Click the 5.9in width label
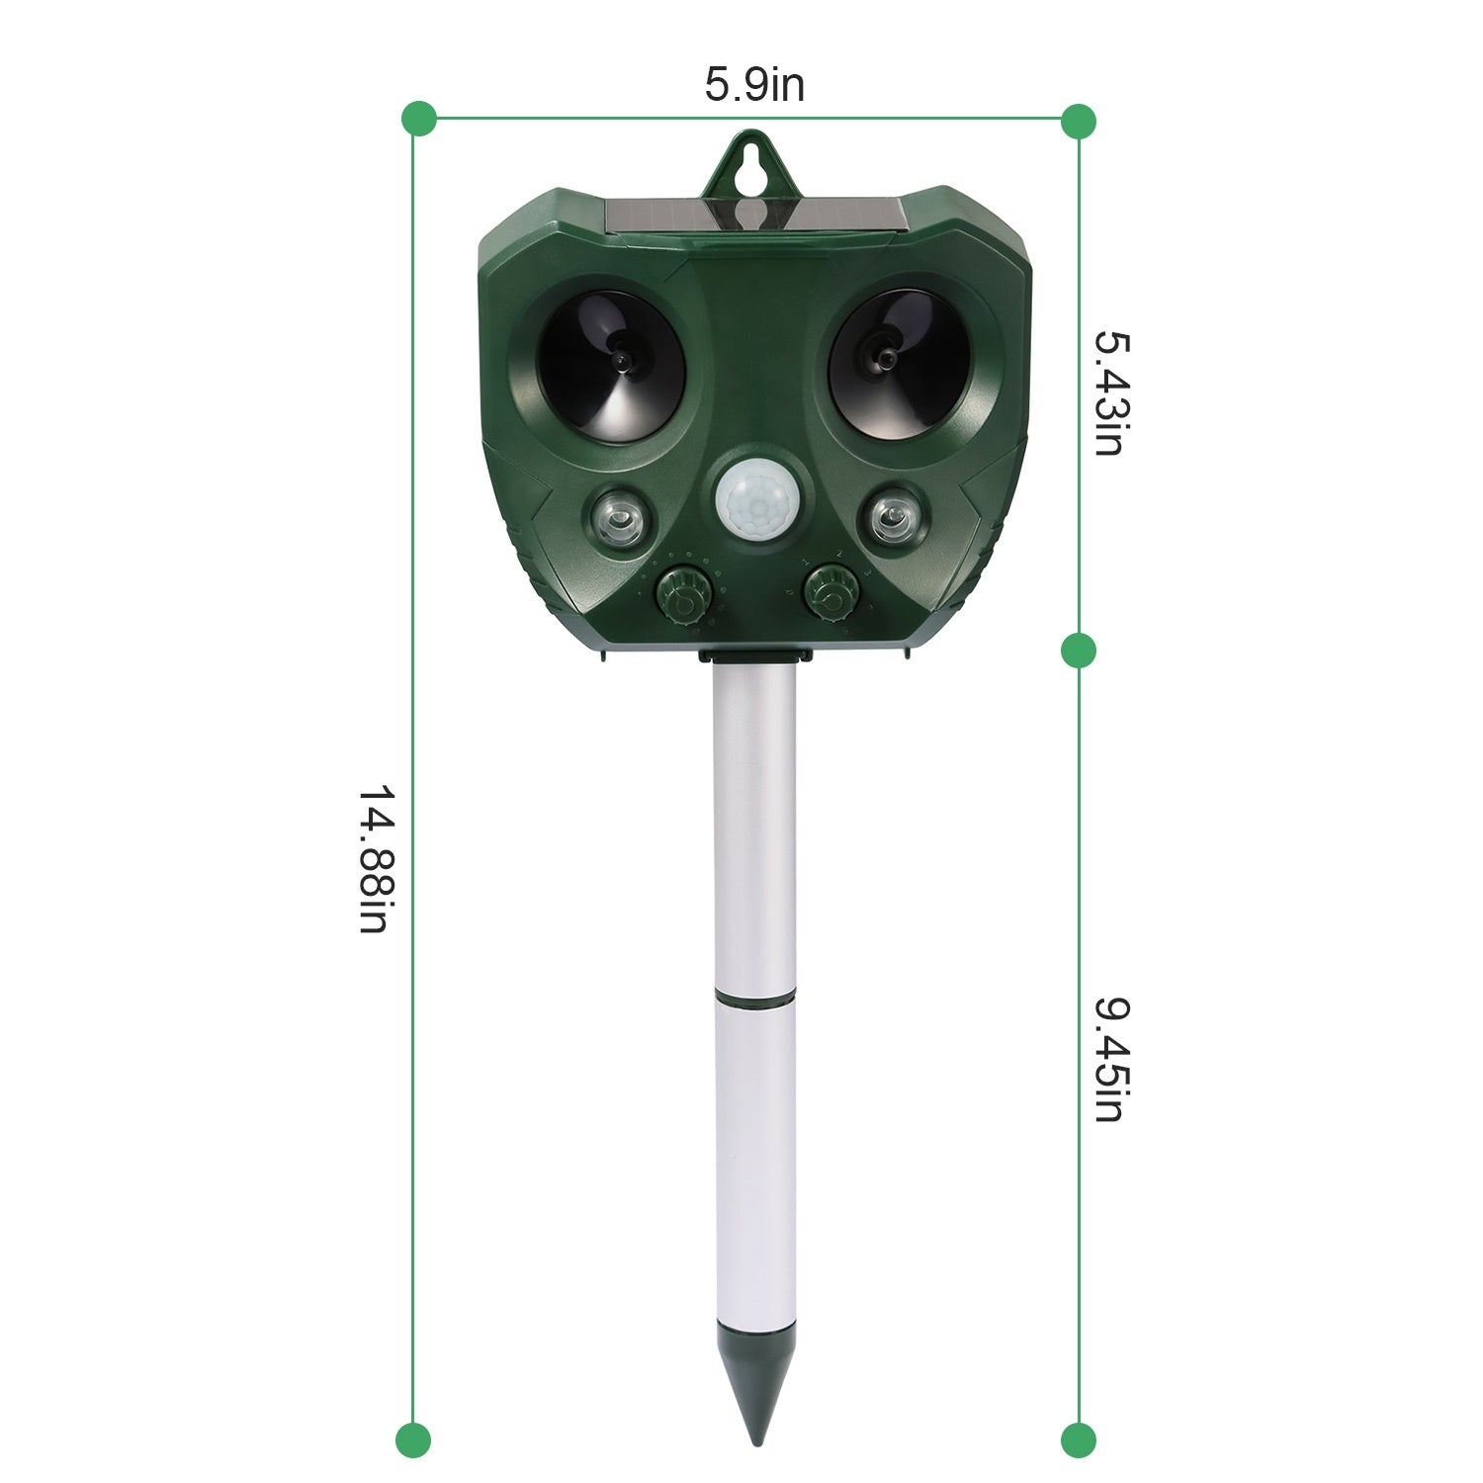[x=753, y=85]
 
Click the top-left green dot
[x=419, y=119]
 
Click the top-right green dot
[x=1078, y=121]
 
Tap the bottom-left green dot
[x=413, y=1439]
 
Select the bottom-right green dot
[x=1078, y=1439]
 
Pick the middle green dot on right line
[x=1078, y=651]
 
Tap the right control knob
[x=831, y=592]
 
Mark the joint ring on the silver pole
[x=754, y=1001]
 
